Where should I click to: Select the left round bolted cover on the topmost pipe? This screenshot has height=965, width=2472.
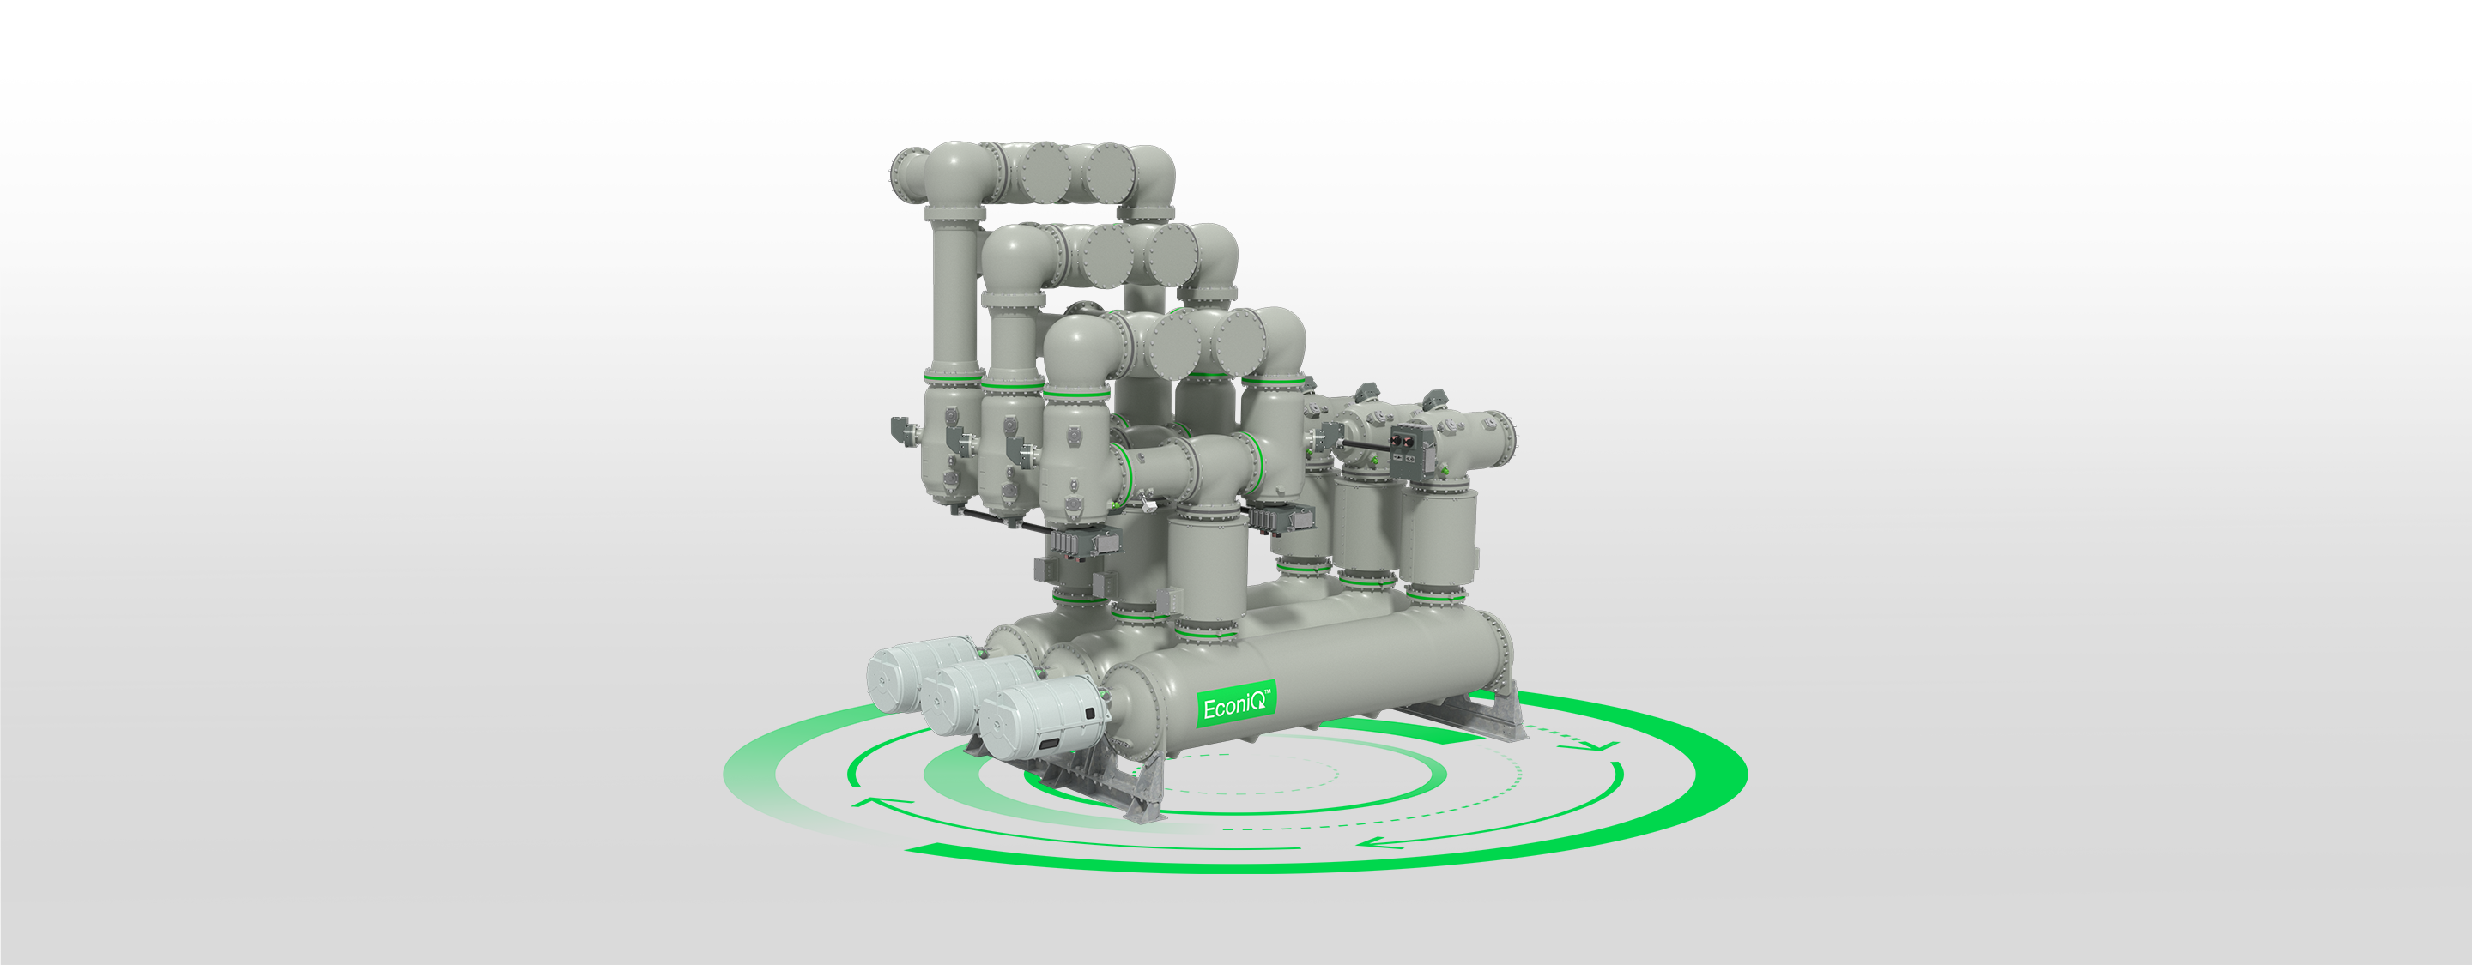(x=1044, y=172)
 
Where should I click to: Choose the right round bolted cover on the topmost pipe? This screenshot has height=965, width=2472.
(x=1111, y=172)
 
